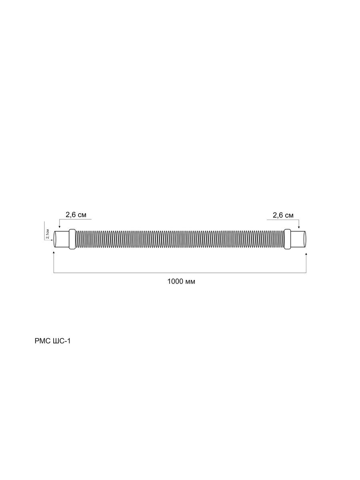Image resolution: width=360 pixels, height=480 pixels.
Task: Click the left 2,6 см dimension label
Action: coord(76,215)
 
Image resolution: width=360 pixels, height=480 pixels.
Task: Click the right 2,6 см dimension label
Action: coord(283,215)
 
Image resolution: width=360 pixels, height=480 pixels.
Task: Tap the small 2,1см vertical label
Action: coord(48,234)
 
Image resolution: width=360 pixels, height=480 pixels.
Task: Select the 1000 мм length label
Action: coord(181,282)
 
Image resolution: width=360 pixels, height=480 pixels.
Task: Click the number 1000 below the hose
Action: coord(175,282)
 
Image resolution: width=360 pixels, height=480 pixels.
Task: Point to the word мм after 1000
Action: coord(190,282)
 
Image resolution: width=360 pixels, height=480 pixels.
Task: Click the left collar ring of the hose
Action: coord(72,239)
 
